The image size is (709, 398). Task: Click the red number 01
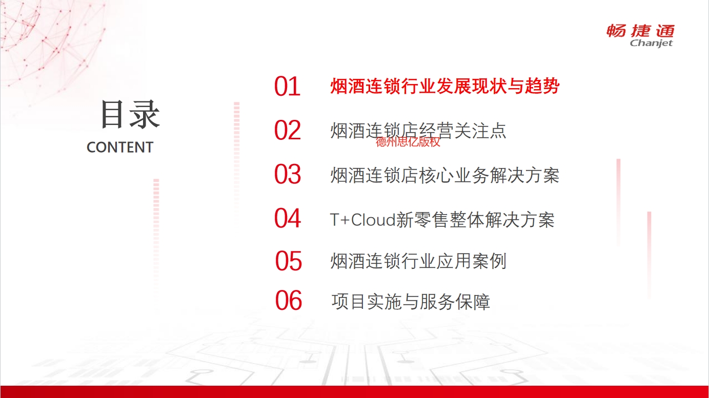click(x=287, y=87)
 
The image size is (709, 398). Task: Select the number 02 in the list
click(x=288, y=130)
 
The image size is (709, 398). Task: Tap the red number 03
click(x=288, y=174)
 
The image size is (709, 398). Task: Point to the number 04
click(x=288, y=218)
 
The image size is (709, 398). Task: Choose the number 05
click(x=288, y=261)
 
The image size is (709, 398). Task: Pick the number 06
click(x=288, y=300)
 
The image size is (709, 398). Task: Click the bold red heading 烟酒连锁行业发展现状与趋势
click(x=445, y=86)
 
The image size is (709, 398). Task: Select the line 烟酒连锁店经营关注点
click(x=418, y=130)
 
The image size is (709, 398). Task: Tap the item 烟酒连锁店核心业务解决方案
click(x=444, y=175)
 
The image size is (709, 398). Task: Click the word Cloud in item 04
click(x=373, y=219)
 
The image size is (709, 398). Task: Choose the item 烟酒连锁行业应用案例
click(x=418, y=261)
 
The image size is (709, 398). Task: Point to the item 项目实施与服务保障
click(x=411, y=302)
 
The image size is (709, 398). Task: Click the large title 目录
click(x=130, y=114)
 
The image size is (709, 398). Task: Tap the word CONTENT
click(x=120, y=148)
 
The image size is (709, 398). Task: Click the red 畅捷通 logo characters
click(x=640, y=31)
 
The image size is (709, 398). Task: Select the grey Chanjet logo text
click(x=651, y=43)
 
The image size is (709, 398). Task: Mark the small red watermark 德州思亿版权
click(x=408, y=142)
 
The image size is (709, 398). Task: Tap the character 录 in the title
click(x=145, y=114)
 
